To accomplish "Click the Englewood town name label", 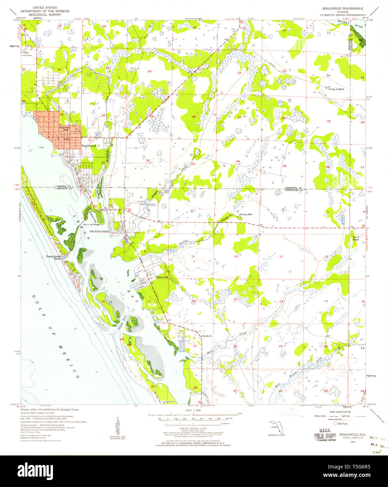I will [88, 146].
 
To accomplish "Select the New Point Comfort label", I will [100, 232].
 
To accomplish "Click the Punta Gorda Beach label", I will [54, 258].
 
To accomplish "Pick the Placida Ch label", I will [207, 336].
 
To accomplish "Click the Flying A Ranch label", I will [336, 89].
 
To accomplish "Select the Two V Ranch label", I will [356, 238].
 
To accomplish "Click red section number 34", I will [238, 162].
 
